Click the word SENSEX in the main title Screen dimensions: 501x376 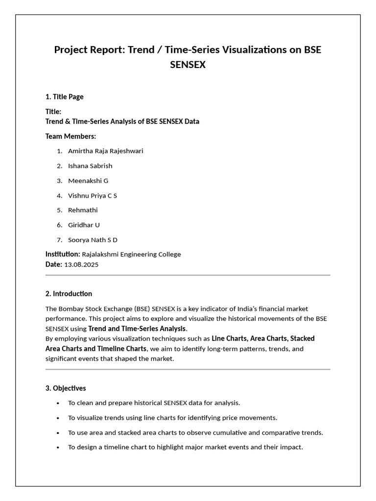pos(188,65)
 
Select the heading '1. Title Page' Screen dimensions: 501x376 pos(65,97)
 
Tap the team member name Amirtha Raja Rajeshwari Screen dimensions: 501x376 pos(105,151)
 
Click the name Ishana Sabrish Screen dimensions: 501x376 pos(90,166)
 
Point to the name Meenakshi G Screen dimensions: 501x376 pos(88,181)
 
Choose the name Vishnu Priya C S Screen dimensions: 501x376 pos(93,196)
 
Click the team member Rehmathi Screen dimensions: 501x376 pos(83,210)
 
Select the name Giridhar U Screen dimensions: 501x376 pos(84,225)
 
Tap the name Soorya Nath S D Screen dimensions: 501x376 pos(93,240)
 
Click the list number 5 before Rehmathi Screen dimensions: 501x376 pos(59,210)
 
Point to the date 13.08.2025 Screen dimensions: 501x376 pos(81,265)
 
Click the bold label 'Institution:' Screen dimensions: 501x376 pos(63,254)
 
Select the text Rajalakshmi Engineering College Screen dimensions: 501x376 pos(131,254)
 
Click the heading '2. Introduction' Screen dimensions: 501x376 pos(69,294)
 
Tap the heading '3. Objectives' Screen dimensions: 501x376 pos(66,388)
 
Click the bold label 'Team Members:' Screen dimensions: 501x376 pos(70,136)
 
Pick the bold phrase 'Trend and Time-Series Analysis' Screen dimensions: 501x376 pos(137,329)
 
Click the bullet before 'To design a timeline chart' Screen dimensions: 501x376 pos(58,448)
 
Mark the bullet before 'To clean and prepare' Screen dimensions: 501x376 pos(58,403)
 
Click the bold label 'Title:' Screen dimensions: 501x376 pos(53,112)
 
